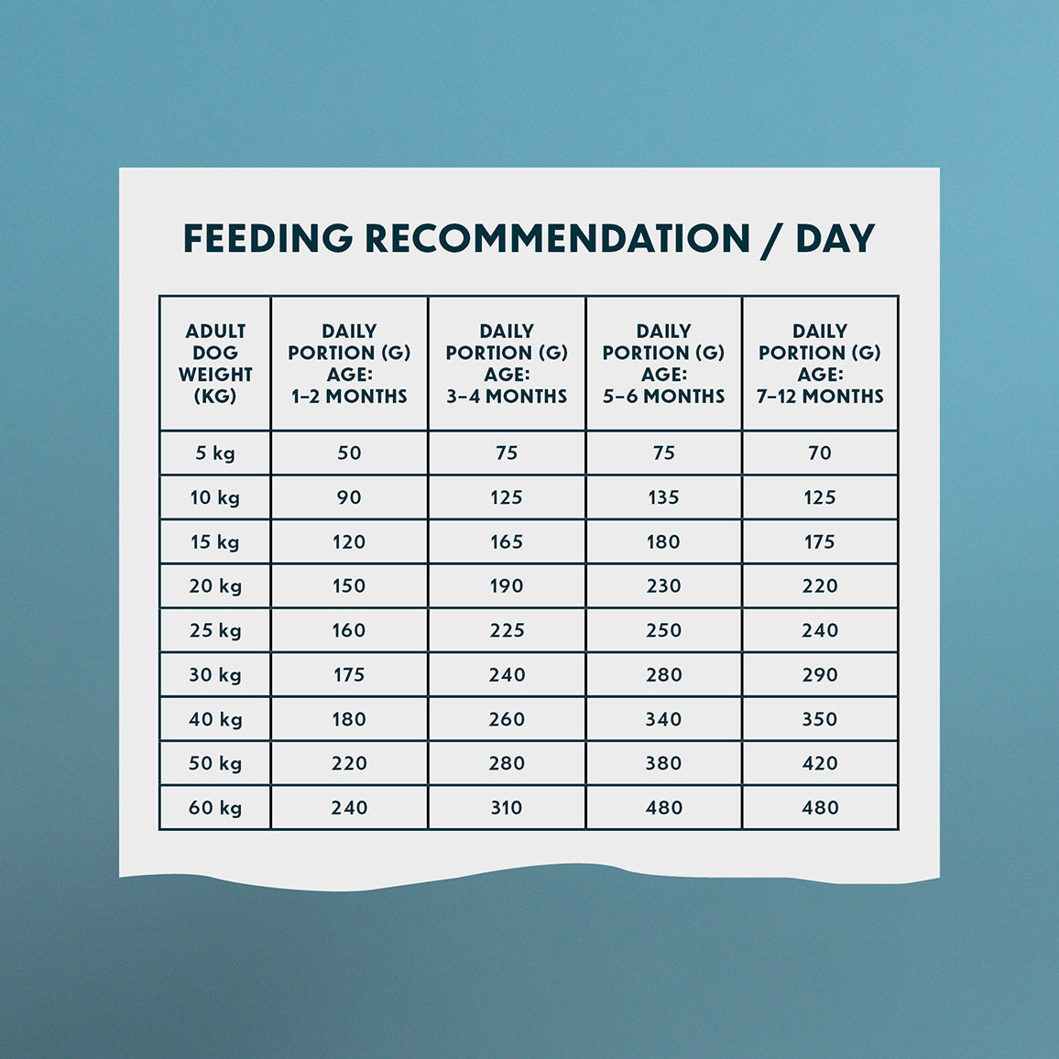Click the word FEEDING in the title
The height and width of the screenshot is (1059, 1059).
pyautogui.click(x=267, y=238)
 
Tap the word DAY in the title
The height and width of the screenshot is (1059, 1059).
pyautogui.click(x=835, y=238)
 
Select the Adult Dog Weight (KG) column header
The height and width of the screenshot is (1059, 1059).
pyautogui.click(x=215, y=364)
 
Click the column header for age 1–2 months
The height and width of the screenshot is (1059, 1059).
pyautogui.click(x=349, y=364)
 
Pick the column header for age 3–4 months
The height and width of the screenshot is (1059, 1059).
pyautogui.click(x=507, y=364)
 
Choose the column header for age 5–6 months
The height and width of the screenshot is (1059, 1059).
pyautogui.click(x=663, y=364)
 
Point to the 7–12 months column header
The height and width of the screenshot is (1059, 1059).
pyautogui.click(x=820, y=364)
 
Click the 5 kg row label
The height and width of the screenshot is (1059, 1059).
pyautogui.click(x=215, y=453)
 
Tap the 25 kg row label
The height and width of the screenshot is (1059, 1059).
pyautogui.click(x=215, y=630)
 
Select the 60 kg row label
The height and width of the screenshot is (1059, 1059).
pyautogui.click(x=215, y=808)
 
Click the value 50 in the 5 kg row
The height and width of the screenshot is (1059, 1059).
pyautogui.click(x=349, y=453)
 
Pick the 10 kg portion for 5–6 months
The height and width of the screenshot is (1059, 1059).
pyautogui.click(x=663, y=497)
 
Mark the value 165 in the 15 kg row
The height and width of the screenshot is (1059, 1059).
pyautogui.click(x=507, y=541)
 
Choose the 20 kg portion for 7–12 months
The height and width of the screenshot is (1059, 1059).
pyautogui.click(x=820, y=586)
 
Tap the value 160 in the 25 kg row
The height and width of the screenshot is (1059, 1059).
pyautogui.click(x=349, y=630)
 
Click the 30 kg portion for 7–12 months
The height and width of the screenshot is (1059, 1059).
pyautogui.click(x=820, y=675)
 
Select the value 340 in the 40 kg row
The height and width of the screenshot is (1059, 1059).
pyautogui.click(x=663, y=719)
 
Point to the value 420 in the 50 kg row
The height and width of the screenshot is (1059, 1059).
pyautogui.click(x=820, y=763)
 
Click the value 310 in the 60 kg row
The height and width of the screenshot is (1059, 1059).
pyautogui.click(x=507, y=808)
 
